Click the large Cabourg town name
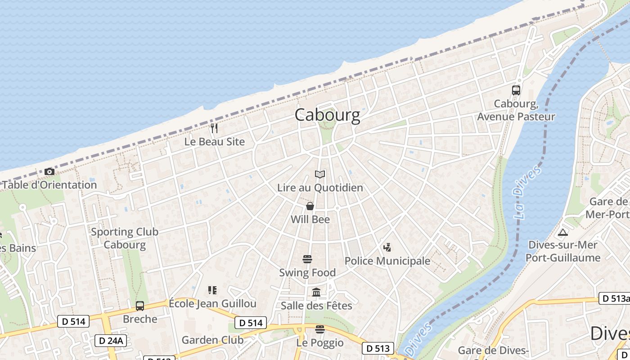coord(327,115)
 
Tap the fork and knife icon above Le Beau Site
coord(214,128)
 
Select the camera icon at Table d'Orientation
coord(49,171)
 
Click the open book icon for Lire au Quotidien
coord(320,174)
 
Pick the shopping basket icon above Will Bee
coord(310,206)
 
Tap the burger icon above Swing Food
coord(307,259)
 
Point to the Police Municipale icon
coord(387,247)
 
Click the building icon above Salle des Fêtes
coord(316,292)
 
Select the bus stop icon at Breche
coord(140,306)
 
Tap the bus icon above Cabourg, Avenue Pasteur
coord(516,90)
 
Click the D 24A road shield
coord(110,341)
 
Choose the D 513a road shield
coord(614,298)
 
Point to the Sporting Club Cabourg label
coord(125,238)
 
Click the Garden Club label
coord(212,340)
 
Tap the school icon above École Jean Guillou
coord(212,290)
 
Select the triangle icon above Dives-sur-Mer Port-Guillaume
coord(562,233)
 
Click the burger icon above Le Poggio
coord(320,329)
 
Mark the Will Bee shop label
coord(310,220)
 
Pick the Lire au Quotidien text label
coord(320,188)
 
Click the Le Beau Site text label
coord(215,142)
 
